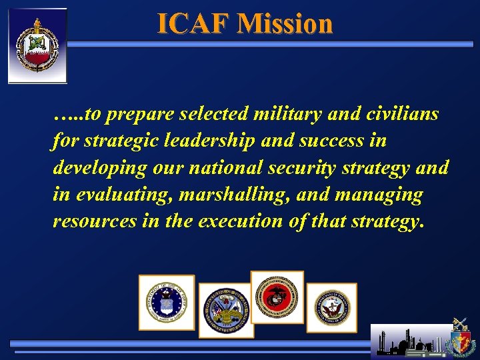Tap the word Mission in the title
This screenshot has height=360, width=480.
285,24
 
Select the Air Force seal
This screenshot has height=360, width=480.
167,302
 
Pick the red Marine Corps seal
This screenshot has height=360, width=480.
277,297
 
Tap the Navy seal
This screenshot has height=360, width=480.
331,307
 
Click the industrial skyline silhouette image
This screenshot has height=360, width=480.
410,342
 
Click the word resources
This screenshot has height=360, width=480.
95,221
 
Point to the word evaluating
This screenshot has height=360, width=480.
112,195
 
